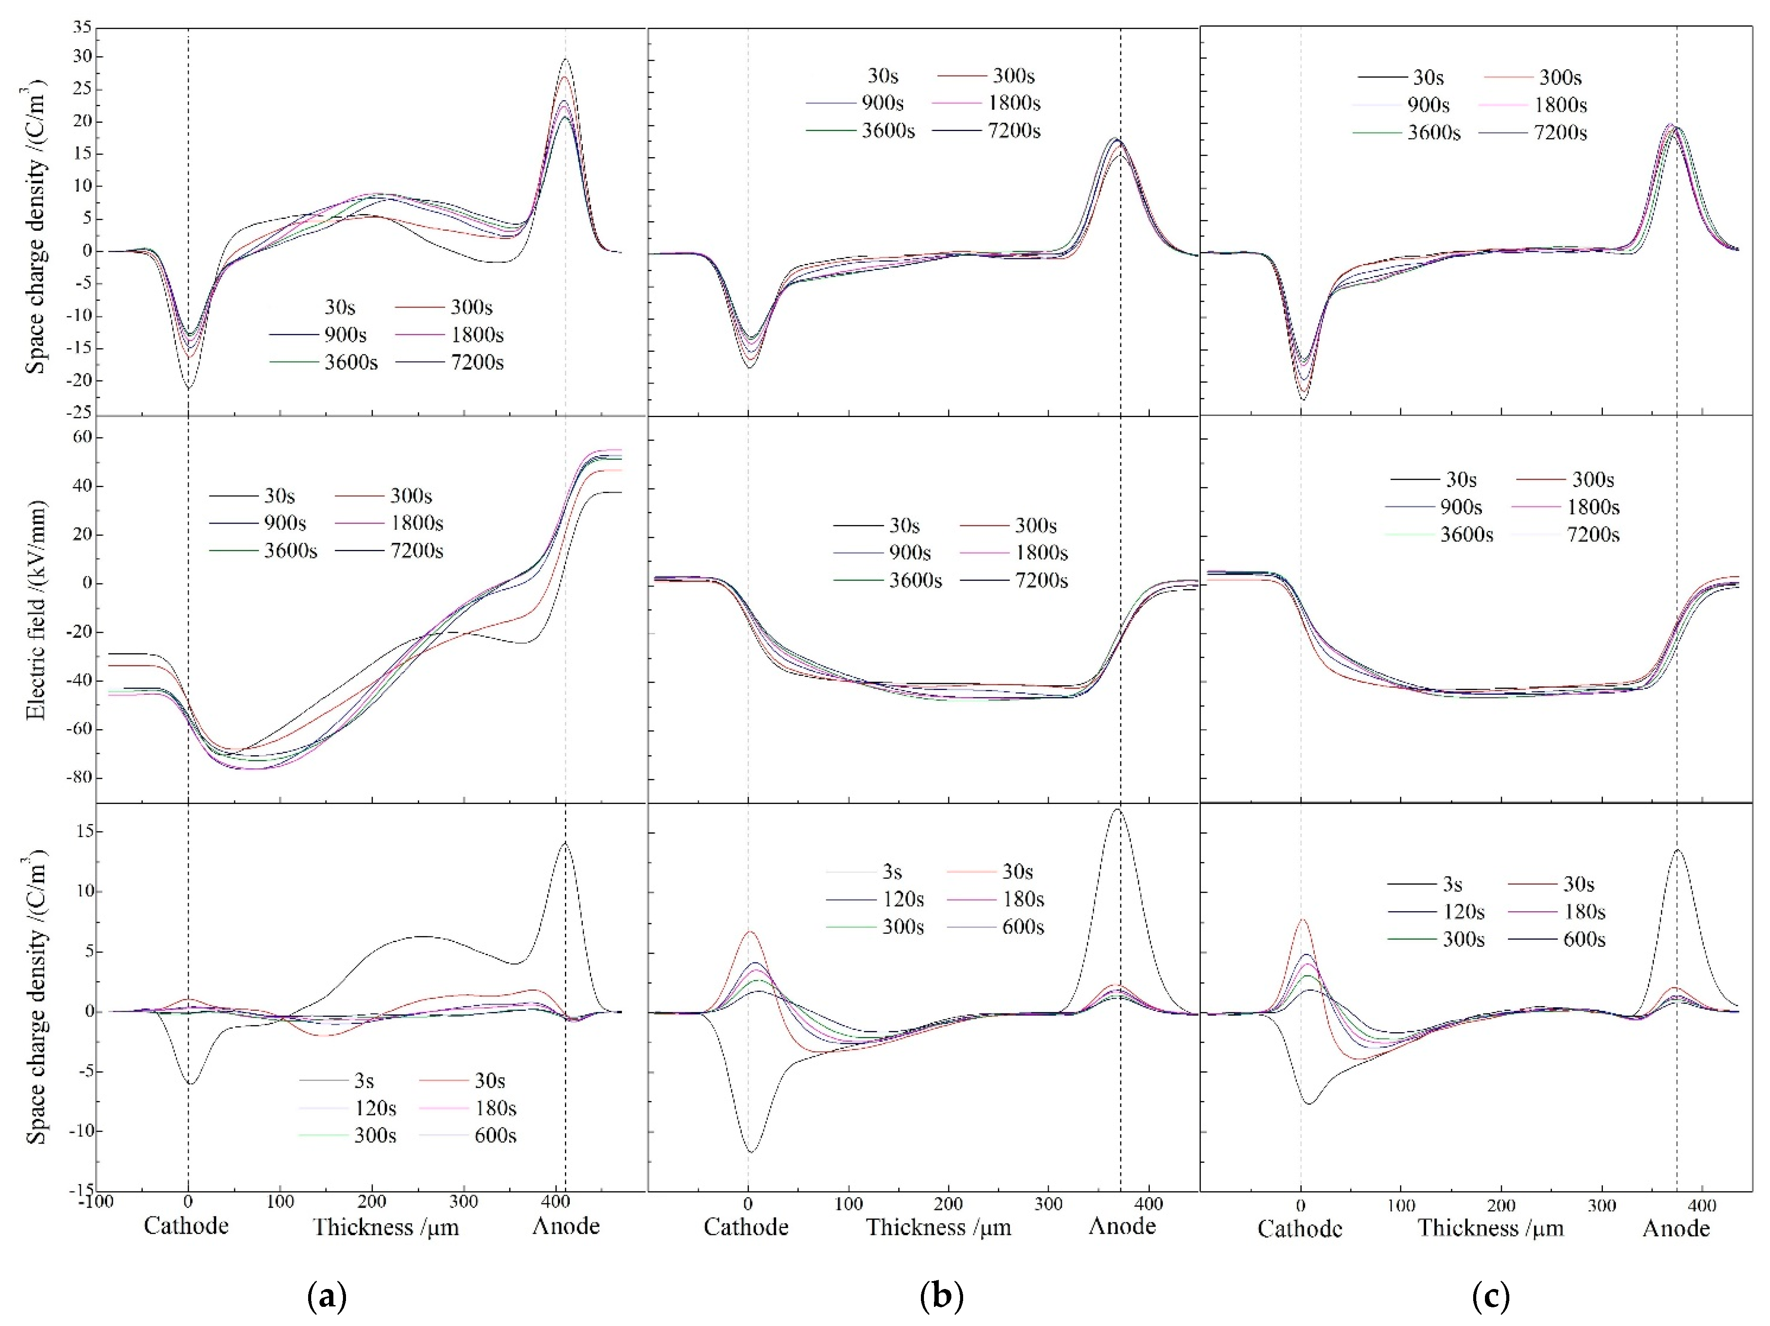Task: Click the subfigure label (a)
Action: pos(326,1296)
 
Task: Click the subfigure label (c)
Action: pos(1491,1296)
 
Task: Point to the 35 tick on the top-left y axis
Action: pos(82,27)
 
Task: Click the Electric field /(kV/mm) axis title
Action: pos(36,610)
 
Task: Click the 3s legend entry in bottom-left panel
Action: pos(364,1081)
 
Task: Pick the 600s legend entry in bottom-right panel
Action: pos(1584,939)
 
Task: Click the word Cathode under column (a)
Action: pos(186,1226)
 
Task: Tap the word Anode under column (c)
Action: pos(1676,1228)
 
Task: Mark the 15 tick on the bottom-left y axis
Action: pos(85,831)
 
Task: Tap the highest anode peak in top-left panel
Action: pos(566,59)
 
